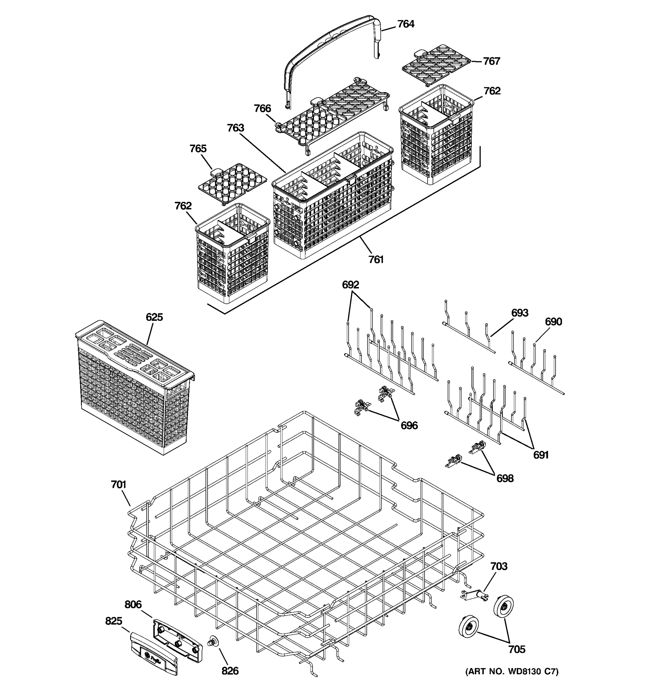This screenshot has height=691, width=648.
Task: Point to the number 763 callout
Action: (x=235, y=128)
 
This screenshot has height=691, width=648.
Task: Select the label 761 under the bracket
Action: (x=376, y=259)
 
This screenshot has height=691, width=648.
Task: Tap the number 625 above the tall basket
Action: (x=154, y=317)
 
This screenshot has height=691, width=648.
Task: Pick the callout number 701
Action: (x=119, y=485)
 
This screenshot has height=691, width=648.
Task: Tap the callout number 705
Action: (x=517, y=649)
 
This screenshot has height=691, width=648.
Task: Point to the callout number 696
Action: (x=409, y=426)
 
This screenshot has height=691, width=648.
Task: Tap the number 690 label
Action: (x=553, y=322)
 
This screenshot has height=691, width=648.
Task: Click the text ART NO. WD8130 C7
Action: (x=512, y=671)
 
